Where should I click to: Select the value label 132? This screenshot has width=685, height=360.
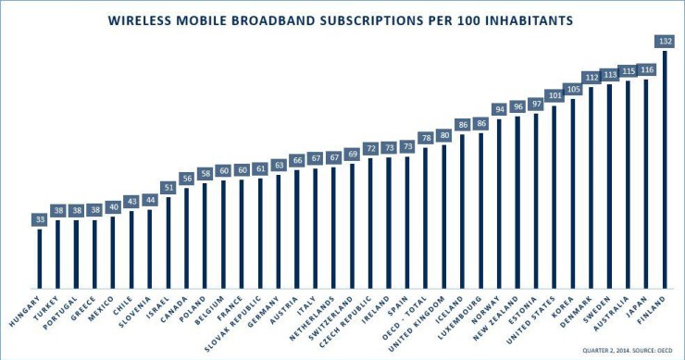(665, 41)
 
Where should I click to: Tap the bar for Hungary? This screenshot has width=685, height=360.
(40, 258)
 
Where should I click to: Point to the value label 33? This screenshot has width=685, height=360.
(40, 219)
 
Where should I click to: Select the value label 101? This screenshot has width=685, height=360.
(554, 95)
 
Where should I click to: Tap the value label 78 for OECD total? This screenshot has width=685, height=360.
(426, 138)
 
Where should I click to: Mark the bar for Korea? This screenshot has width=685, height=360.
(573, 193)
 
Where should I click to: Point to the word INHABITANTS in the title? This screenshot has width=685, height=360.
(524, 19)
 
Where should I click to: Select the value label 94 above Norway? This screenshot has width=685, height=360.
(499, 108)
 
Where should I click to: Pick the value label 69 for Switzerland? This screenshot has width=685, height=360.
(352, 153)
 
